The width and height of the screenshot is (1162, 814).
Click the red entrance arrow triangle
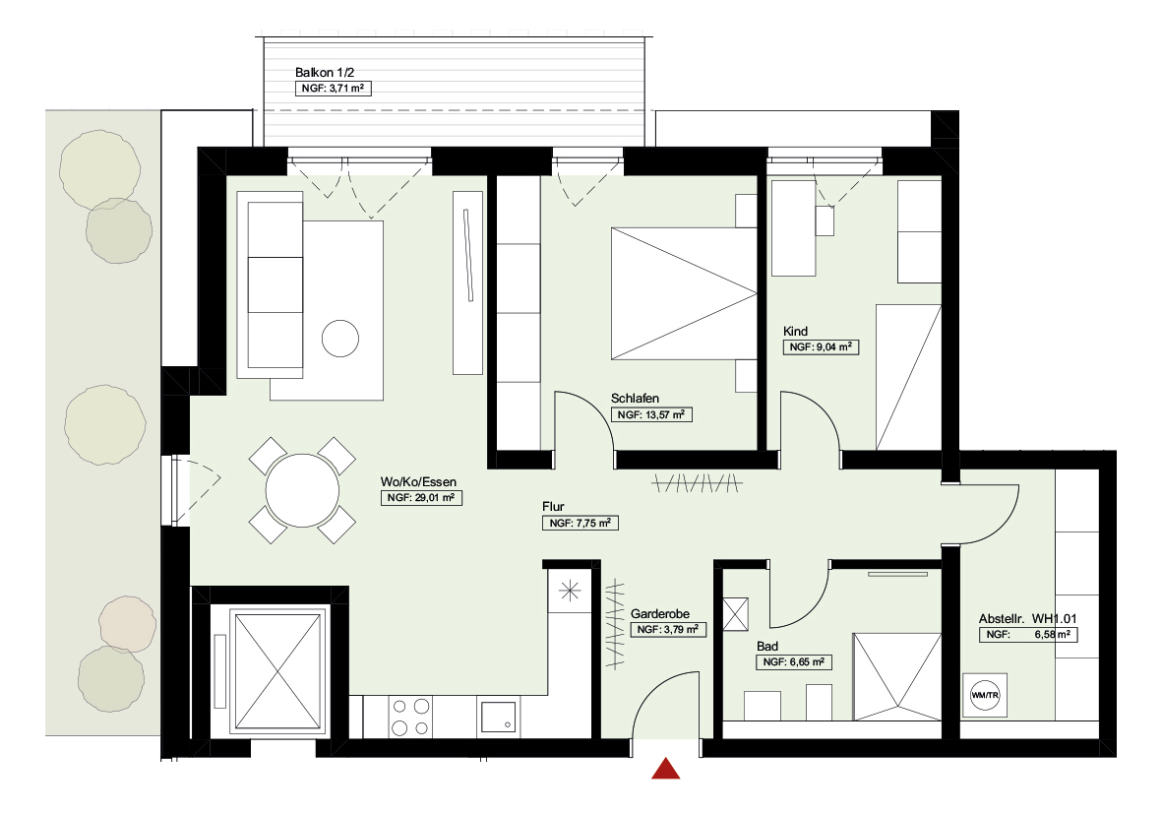[666, 769]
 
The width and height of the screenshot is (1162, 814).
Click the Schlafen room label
[635, 399]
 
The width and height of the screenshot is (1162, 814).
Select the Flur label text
[553, 507]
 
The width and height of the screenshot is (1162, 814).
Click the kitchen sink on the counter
[500, 715]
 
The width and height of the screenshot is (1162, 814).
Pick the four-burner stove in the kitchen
[411, 716]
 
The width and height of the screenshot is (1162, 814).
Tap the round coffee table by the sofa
[341, 339]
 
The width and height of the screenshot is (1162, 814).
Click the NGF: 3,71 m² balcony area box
[334, 89]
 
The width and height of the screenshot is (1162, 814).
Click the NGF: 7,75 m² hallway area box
[581, 524]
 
